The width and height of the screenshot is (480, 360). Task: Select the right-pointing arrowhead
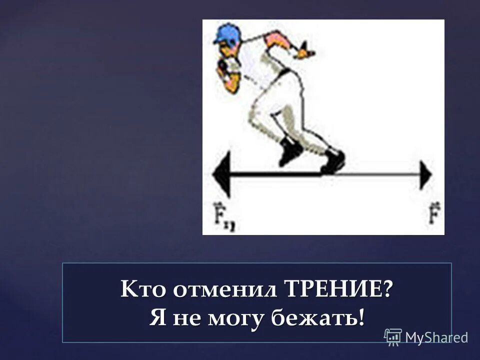pos(426,175)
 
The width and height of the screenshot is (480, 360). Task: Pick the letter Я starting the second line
pos(157,318)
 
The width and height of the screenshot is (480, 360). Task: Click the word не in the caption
pos(184,319)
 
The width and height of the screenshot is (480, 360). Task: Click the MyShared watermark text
pos(436,337)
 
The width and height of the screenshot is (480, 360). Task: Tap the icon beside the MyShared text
pos(393,337)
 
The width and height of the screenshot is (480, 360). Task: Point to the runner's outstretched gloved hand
pos(303,50)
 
